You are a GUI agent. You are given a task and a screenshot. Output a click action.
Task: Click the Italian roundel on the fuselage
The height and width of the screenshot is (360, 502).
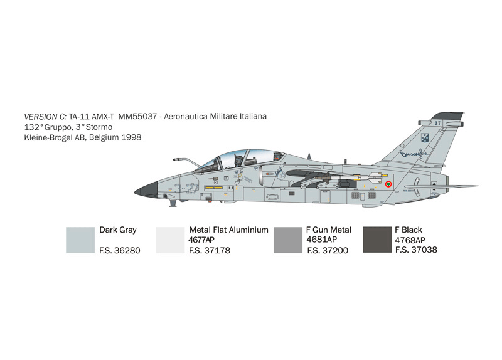coord(388,184)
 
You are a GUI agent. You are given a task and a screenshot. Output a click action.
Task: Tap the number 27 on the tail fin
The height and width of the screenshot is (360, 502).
coord(437,123)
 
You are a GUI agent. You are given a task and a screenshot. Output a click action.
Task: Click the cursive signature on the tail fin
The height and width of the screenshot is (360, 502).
coord(414,154)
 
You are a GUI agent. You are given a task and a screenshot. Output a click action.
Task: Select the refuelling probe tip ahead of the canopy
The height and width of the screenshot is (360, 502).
coord(176,159)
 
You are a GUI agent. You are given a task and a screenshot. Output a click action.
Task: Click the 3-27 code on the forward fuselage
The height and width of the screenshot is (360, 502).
coord(186,189)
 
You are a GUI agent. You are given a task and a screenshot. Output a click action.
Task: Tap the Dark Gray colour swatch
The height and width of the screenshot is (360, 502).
coord(80,240)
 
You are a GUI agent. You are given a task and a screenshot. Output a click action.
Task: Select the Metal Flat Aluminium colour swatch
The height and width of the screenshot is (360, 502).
coord(170,240)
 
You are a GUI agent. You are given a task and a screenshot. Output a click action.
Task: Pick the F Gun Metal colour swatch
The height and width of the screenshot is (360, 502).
coord(288,240)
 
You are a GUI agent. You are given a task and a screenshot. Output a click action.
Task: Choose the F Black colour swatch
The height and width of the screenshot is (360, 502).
coord(377,240)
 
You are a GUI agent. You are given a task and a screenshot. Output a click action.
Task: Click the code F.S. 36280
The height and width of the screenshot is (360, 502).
coord(120,251)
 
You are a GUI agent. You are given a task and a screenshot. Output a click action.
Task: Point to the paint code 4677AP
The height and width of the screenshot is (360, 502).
coord(201,240)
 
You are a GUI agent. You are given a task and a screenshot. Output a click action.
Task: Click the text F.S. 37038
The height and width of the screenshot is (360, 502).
coord(416,250)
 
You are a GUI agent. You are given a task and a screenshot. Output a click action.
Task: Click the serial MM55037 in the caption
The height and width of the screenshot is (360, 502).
coord(137,116)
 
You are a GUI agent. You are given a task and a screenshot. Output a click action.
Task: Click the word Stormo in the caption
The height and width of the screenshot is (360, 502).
coord(99,127)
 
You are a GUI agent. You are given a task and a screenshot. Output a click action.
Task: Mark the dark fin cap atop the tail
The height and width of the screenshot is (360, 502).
coord(447,116)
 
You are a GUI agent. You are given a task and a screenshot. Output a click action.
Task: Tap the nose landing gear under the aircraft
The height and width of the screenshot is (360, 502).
coord(173,202)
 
